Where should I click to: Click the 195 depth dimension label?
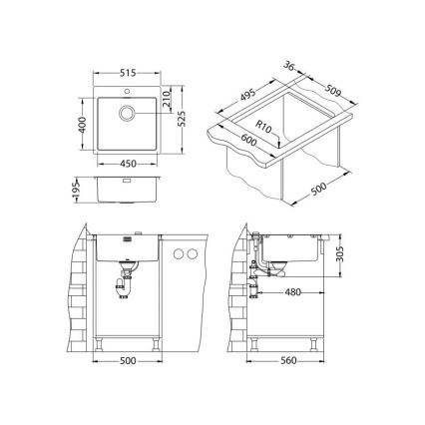click(x=80, y=190)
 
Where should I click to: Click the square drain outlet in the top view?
click(x=128, y=112)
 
